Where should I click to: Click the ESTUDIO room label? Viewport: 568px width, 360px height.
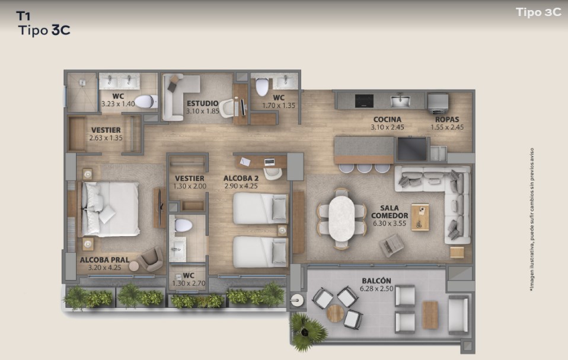[203, 104]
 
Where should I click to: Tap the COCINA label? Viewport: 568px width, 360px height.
[387, 120]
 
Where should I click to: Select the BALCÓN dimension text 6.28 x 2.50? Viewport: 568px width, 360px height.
[376, 289]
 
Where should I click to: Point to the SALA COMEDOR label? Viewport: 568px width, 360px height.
[390, 212]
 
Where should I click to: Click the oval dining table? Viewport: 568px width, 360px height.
[342, 218]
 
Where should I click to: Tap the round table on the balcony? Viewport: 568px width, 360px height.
[335, 313]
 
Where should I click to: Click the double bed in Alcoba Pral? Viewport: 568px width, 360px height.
[110, 209]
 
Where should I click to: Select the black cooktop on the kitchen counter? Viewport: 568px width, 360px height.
[364, 101]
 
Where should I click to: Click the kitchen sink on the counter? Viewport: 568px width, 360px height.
[400, 100]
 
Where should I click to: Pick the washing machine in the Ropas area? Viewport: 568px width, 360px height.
[438, 103]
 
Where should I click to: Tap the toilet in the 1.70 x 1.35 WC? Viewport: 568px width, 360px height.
[262, 87]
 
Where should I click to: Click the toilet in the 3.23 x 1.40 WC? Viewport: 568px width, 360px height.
[146, 102]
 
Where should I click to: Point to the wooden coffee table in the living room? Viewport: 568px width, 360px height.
[420, 217]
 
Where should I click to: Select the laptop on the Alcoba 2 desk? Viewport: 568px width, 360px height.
[269, 162]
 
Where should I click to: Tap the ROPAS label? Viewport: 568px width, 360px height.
[447, 120]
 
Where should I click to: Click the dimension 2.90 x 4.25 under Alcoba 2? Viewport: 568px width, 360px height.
[241, 186]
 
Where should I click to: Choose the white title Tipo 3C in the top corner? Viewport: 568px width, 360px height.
[539, 12]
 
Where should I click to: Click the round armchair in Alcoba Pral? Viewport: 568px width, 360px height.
[151, 259]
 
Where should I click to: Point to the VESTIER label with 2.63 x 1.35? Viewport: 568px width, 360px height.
[106, 130]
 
